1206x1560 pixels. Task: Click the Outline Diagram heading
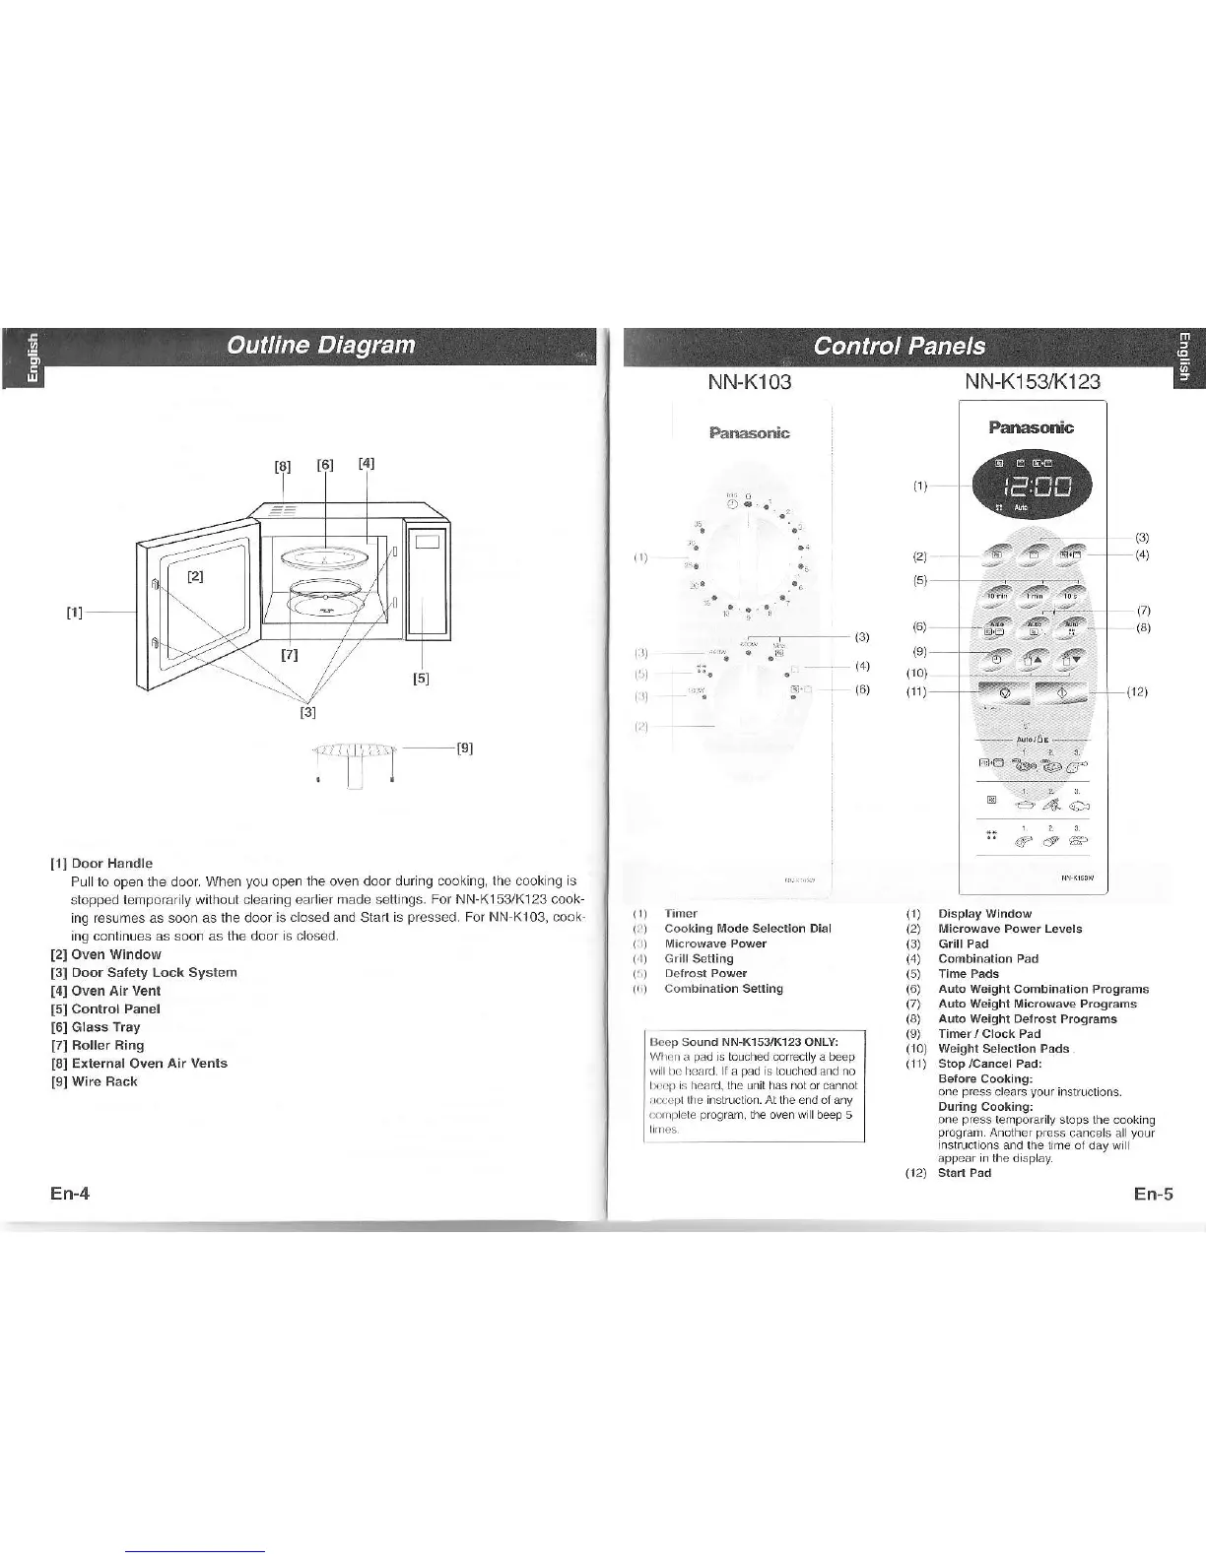click(x=320, y=346)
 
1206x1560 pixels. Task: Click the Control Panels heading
click(x=899, y=346)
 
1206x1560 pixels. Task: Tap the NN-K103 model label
click(x=750, y=381)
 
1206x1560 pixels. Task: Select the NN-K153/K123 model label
click(x=1034, y=381)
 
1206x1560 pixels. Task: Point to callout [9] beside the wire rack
click(x=464, y=748)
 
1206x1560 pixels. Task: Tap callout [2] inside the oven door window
click(x=195, y=577)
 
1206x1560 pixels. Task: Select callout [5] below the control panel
click(x=422, y=679)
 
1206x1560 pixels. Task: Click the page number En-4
click(x=70, y=1194)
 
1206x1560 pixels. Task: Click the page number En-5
click(x=1153, y=1195)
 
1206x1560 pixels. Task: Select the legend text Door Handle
click(x=111, y=863)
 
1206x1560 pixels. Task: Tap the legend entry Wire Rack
click(x=104, y=1081)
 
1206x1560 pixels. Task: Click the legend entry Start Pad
click(x=965, y=1173)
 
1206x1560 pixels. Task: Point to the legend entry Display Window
click(x=984, y=914)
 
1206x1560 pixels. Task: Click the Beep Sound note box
click(x=753, y=1085)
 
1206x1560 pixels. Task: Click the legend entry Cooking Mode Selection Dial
click(x=747, y=929)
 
